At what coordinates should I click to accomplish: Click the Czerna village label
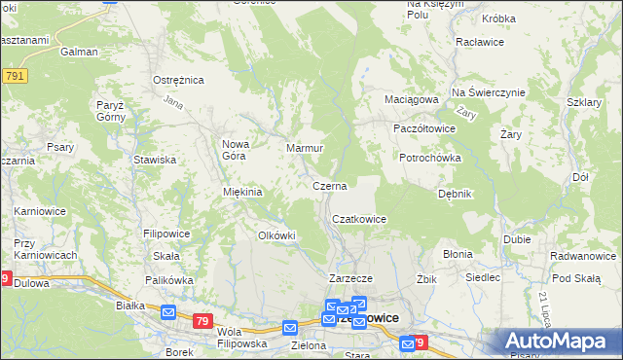tap(329, 185)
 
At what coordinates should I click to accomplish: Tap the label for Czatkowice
tap(360, 220)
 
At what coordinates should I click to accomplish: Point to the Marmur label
tap(304, 148)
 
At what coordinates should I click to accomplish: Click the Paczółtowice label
tap(423, 128)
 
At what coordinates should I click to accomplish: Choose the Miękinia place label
tap(243, 192)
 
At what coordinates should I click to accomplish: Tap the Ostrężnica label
tap(177, 80)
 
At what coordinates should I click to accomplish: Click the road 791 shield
tap(14, 76)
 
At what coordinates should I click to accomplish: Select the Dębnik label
tap(455, 194)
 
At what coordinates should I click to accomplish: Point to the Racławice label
tap(479, 43)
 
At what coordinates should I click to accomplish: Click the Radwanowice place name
tap(581, 257)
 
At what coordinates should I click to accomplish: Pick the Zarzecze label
tap(345, 277)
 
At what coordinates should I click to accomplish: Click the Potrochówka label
tap(429, 158)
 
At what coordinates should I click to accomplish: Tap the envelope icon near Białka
tap(167, 313)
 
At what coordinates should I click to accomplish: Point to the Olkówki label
tap(275, 235)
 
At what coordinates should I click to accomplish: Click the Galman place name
tap(79, 52)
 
